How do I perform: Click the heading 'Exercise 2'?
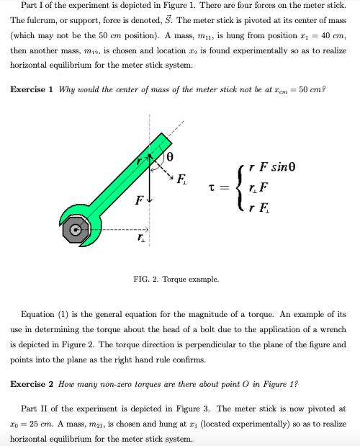35,383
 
